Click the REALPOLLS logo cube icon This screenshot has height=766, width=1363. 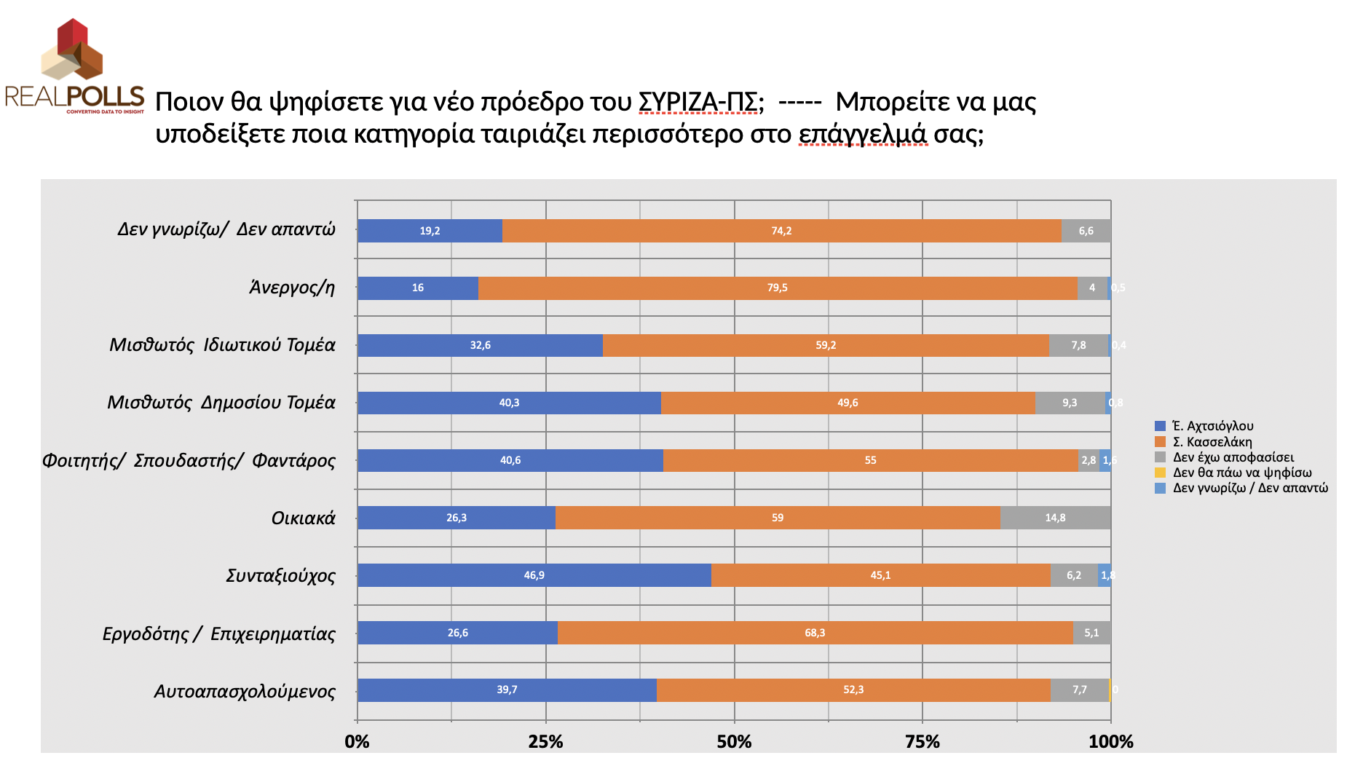tap(72, 50)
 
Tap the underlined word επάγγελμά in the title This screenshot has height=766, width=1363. tap(863, 134)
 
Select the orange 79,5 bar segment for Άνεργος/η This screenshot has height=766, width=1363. tap(778, 288)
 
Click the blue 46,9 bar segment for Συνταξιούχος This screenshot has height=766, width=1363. tap(534, 575)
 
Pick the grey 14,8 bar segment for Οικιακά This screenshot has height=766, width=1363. tap(1055, 518)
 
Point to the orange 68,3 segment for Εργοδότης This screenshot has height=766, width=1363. tap(815, 633)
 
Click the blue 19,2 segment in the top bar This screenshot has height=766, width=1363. tap(430, 231)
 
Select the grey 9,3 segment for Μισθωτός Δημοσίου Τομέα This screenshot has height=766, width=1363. tap(1070, 403)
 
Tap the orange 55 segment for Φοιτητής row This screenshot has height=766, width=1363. tap(870, 460)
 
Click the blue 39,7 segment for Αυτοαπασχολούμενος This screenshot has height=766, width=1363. tap(507, 690)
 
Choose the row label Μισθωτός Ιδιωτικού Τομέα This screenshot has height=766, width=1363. tap(222, 345)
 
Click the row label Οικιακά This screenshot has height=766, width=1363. tap(303, 518)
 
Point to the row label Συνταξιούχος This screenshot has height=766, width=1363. tap(280, 576)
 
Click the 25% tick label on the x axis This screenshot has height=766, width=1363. tap(545, 742)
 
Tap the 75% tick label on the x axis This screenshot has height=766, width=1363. tap(922, 742)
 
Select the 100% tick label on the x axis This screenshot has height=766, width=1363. tap(1110, 742)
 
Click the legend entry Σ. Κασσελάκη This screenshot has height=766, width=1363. tap(1212, 442)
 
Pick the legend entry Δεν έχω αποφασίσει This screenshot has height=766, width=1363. tap(1233, 457)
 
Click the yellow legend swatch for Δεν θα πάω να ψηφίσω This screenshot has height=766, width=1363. tap(1160, 473)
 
